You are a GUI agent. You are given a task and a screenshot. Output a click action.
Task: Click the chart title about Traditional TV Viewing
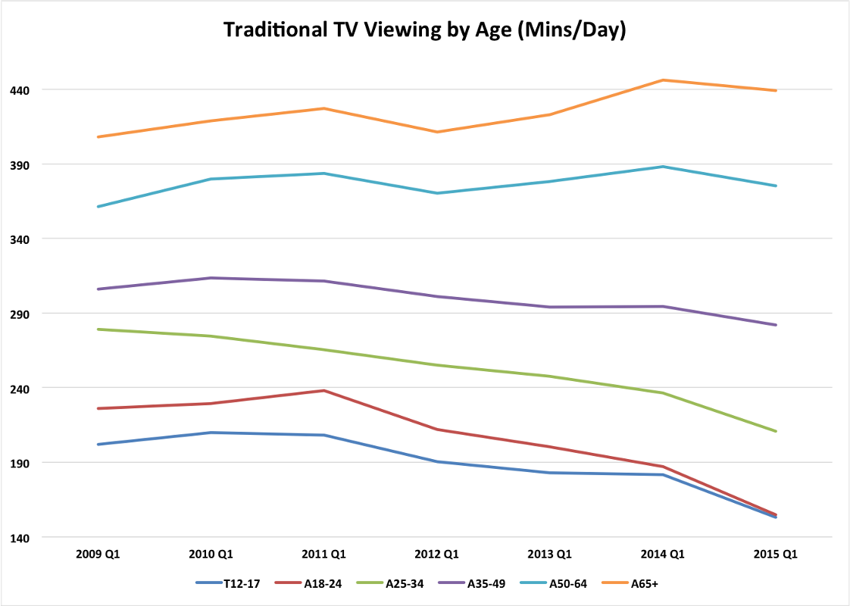[424, 30]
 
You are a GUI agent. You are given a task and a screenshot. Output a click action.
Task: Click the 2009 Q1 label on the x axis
[98, 554]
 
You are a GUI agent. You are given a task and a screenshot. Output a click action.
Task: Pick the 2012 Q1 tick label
[437, 554]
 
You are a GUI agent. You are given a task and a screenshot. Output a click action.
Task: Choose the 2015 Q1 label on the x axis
[776, 554]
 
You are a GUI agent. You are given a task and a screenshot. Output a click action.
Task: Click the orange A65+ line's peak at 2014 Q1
[663, 80]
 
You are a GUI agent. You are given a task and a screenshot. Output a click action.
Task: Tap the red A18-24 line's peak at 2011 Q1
[324, 391]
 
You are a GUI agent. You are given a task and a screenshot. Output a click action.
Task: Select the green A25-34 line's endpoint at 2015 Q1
[776, 431]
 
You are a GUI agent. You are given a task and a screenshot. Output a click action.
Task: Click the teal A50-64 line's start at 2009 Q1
[98, 206]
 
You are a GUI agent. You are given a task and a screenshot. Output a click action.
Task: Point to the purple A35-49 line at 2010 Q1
[211, 278]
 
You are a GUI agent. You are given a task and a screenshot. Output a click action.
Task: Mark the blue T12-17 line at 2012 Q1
[437, 461]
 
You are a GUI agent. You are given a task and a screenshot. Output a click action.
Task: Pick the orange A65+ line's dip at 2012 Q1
[437, 132]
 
